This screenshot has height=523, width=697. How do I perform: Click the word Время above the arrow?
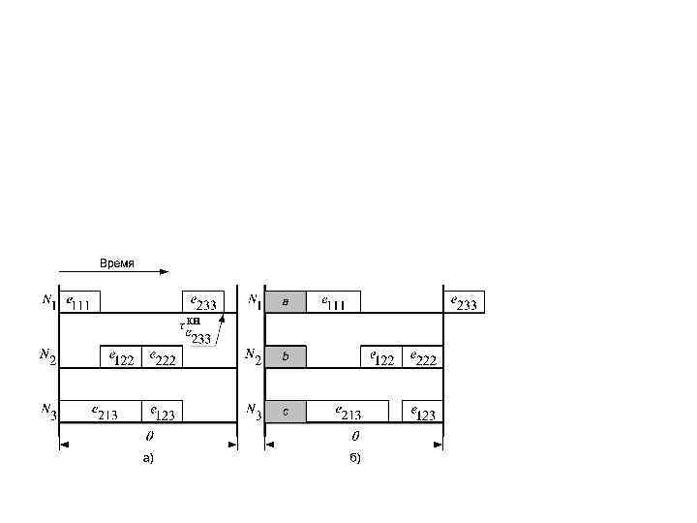pyautogui.click(x=117, y=262)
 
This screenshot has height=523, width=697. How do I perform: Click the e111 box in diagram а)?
pyautogui.click(x=79, y=302)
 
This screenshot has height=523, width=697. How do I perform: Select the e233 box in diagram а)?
pyautogui.click(x=203, y=302)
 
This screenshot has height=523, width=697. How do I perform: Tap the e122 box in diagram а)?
pyautogui.click(x=120, y=357)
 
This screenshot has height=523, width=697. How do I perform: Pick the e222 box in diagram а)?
pyautogui.click(x=162, y=357)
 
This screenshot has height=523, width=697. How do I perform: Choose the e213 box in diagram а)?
pyautogui.click(x=101, y=412)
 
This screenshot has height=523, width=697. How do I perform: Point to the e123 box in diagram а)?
pyautogui.click(x=162, y=412)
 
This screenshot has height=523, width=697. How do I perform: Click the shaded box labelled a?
pyautogui.click(x=286, y=302)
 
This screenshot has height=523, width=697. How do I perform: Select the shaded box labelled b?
pyautogui.click(x=286, y=357)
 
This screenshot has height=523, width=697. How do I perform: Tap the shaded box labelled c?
pyautogui.click(x=286, y=412)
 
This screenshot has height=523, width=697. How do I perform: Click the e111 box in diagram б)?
pyautogui.click(x=333, y=302)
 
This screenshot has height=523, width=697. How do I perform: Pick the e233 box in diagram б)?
pyautogui.click(x=464, y=302)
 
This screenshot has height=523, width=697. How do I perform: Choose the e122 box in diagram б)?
pyautogui.click(x=381, y=357)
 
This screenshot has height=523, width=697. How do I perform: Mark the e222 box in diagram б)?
pyautogui.click(x=423, y=357)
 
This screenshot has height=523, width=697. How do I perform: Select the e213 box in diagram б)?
pyautogui.click(x=347, y=412)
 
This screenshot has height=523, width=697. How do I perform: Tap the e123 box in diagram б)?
pyautogui.click(x=423, y=412)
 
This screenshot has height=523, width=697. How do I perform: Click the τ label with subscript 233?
pyautogui.click(x=197, y=330)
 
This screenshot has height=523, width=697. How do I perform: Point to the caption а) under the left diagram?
pyautogui.click(x=148, y=458)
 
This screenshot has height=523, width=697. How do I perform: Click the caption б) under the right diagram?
pyautogui.click(x=354, y=458)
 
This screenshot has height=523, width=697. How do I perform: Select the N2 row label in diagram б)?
pyautogui.click(x=254, y=357)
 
